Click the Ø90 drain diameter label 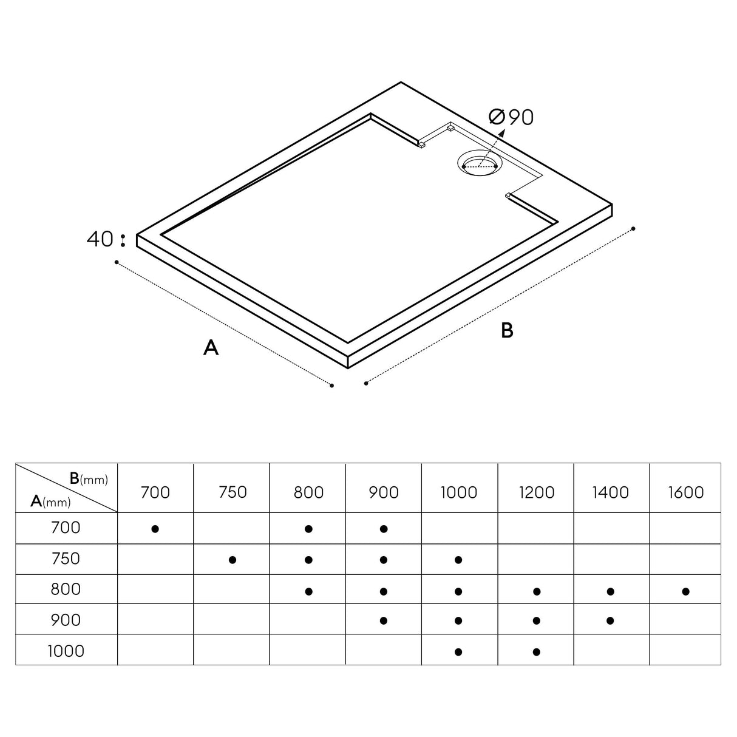coord(512,117)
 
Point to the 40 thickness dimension coord(100,239)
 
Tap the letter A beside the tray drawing coord(211,348)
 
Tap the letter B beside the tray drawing coord(507,330)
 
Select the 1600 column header coord(686,492)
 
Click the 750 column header coord(232,492)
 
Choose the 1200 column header coord(536,492)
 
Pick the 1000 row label coord(66,651)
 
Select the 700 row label coord(66,528)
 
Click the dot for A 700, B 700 coord(155,529)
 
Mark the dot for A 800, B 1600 coord(685,591)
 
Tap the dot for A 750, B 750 coord(232,560)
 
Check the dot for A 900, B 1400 coord(611,620)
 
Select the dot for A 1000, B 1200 coord(536,652)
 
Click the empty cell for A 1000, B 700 coord(155,650)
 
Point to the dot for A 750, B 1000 coord(458,560)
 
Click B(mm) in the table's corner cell coord(88,479)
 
